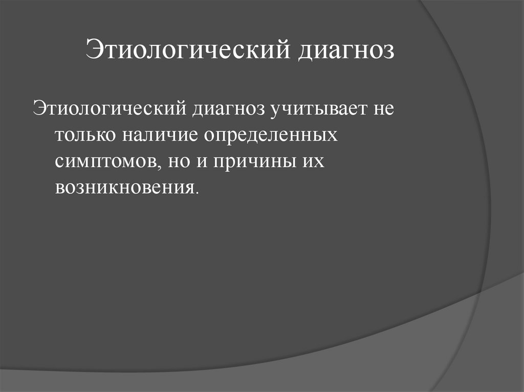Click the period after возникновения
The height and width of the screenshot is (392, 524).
coord(195,192)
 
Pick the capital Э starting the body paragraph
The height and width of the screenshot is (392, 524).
coord(38,109)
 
